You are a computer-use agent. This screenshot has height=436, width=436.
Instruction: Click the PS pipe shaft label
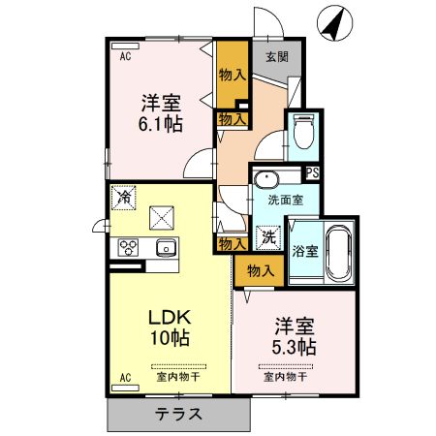tap(312, 173)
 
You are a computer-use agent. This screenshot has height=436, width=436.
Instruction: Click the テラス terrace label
tap(179, 415)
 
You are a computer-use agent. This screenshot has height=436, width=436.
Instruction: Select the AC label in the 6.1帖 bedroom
tap(126, 57)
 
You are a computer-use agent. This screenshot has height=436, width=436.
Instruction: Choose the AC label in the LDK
tap(125, 376)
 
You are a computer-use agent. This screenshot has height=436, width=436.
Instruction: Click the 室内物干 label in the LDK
tap(178, 376)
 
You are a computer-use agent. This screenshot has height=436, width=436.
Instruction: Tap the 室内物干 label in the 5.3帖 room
tap(286, 376)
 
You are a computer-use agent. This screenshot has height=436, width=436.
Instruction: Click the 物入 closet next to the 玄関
tap(231, 74)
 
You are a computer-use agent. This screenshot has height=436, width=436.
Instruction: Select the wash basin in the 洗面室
tap(265, 178)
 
